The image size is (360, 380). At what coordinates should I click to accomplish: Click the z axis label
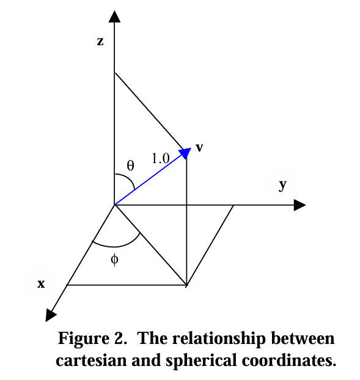click(100, 42)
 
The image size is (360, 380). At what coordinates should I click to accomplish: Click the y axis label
click(282, 185)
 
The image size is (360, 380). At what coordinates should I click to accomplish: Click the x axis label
click(41, 283)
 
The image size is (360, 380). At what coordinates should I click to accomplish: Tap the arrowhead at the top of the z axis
click(114, 16)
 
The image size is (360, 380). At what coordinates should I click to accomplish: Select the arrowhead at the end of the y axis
click(299, 205)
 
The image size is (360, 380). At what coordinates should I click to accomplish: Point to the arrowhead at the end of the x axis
click(50, 315)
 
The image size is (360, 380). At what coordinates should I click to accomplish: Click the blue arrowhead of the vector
click(185, 153)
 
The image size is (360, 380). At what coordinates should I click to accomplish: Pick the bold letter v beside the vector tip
click(199, 148)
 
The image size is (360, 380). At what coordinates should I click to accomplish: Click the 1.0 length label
click(161, 158)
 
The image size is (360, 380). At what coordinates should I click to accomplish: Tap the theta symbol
click(130, 166)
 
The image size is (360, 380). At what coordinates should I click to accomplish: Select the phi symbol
click(114, 260)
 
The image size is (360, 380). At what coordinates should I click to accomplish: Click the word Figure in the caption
click(84, 339)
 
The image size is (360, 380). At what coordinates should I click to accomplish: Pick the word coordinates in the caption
click(288, 360)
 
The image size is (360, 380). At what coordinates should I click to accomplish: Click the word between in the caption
click(303, 338)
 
